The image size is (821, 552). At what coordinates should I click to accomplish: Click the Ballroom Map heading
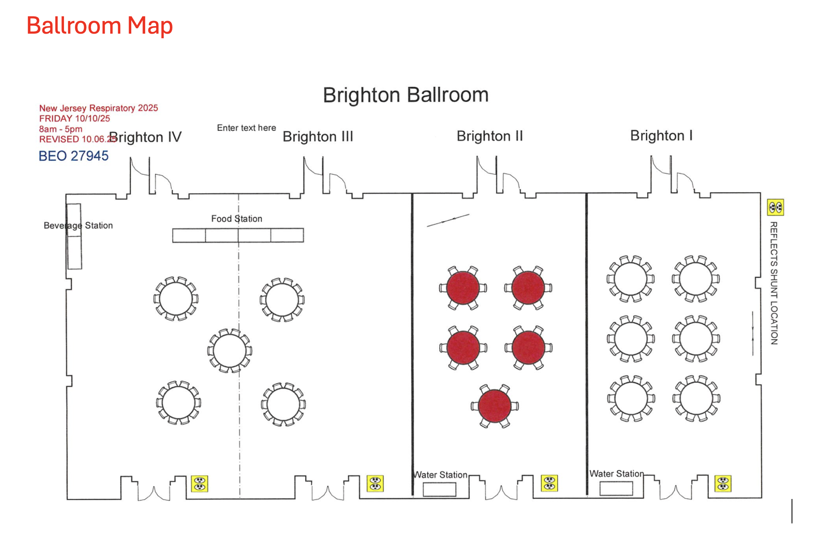click(x=100, y=26)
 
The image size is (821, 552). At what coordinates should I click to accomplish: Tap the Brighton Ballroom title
click(x=405, y=95)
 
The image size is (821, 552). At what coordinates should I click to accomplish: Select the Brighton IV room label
click(x=146, y=137)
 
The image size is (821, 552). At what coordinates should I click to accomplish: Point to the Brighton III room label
click(x=318, y=137)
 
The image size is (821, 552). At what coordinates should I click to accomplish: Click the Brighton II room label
click(x=490, y=136)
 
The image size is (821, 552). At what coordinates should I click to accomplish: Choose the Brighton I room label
click(x=661, y=135)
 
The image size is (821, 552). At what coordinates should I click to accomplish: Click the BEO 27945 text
click(x=74, y=156)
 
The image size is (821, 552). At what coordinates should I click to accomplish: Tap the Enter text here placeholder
click(x=246, y=128)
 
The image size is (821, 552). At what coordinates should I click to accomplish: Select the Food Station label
click(x=236, y=219)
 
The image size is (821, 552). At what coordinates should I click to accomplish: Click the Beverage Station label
click(x=78, y=226)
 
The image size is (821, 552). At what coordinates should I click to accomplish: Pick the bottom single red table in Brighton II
click(x=495, y=406)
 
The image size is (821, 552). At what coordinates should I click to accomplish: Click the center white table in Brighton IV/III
click(x=230, y=350)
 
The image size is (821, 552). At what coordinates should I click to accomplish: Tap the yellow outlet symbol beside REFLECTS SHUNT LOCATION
click(x=775, y=207)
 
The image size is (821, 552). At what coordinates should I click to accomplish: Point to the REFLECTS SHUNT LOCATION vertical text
click(x=773, y=283)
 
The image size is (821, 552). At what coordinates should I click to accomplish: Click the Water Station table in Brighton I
click(x=616, y=488)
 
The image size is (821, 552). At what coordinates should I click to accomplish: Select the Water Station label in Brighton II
click(x=441, y=475)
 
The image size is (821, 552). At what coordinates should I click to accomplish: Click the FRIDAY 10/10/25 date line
click(x=74, y=119)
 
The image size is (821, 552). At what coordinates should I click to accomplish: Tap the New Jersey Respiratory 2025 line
click(x=98, y=108)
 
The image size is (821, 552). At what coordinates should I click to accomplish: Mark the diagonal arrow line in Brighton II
click(x=448, y=220)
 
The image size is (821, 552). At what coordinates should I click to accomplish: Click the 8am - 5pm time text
click(x=61, y=129)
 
